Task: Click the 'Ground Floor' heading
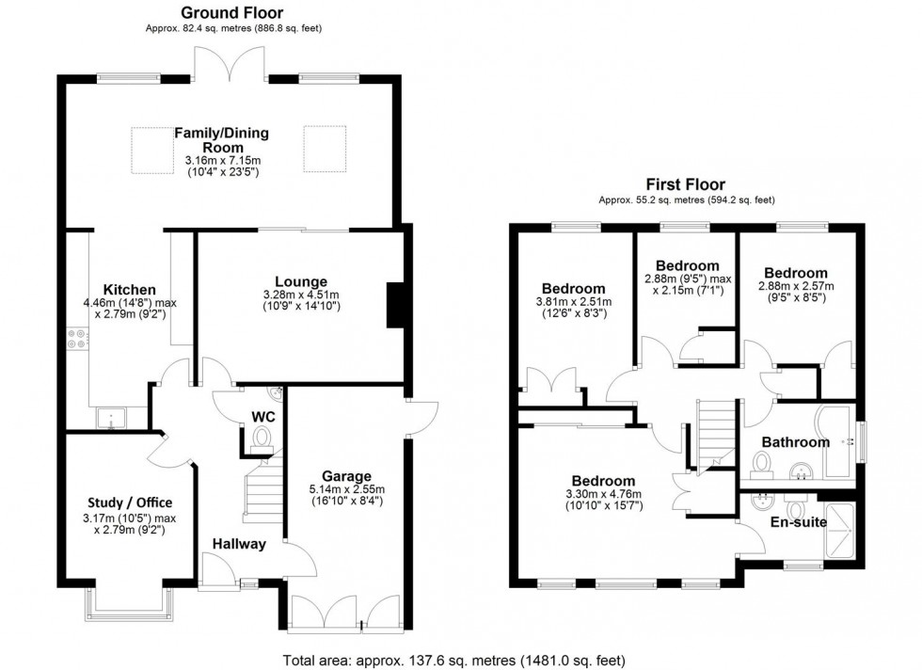click(231, 12)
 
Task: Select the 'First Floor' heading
click(685, 184)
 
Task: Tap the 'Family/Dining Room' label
click(221, 140)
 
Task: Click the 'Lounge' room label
click(301, 281)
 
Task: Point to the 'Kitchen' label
click(130, 289)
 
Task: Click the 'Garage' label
click(346, 476)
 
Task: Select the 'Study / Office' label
click(130, 502)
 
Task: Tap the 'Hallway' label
click(238, 543)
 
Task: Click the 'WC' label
click(262, 416)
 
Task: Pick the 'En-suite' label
click(798, 521)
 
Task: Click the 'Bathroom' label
click(795, 441)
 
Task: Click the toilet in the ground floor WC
click(262, 437)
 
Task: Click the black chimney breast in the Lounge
click(395, 306)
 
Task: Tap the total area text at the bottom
click(453, 660)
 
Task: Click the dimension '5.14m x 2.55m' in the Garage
click(346, 489)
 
